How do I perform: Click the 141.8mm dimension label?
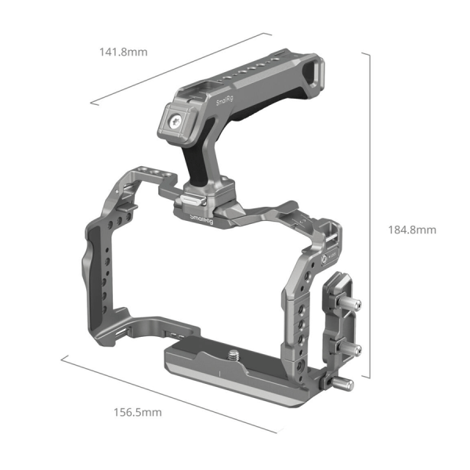124,52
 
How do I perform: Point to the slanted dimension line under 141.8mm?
180,68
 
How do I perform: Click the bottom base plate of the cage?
235,372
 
